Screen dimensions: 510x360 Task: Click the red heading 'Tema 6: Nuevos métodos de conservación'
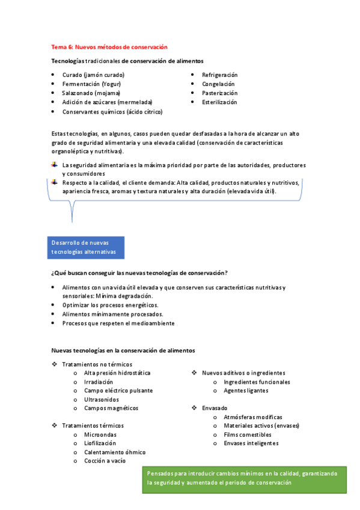(109, 46)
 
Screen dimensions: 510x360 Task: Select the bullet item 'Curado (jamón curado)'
(93, 75)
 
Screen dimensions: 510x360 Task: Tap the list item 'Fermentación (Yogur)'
(91, 84)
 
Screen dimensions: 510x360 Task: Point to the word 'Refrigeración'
(219, 75)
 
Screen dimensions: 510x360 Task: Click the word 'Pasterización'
(219, 93)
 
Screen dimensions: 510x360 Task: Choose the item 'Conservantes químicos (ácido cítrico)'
(112, 111)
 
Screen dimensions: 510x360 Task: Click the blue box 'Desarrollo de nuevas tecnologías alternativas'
(85, 247)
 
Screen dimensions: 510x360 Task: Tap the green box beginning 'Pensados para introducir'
(244, 478)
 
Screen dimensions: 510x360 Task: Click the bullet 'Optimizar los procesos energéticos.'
(106, 305)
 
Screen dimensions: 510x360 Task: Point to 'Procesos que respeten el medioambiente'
(118, 323)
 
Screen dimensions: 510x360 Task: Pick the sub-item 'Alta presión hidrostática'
(117, 373)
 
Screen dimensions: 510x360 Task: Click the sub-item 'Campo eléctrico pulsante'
(118, 390)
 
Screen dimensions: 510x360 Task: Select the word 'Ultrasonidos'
(102, 399)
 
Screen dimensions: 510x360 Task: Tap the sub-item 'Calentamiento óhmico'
(114, 452)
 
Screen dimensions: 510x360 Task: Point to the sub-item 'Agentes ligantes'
(246, 390)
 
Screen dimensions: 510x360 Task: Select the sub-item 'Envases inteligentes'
(251, 443)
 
